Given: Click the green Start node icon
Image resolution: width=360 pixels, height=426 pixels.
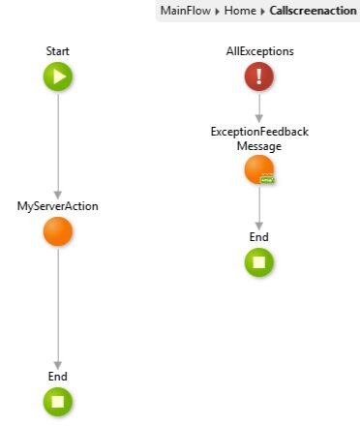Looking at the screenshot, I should coord(58,76).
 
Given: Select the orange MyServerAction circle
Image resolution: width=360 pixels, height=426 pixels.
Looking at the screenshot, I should coord(58,232).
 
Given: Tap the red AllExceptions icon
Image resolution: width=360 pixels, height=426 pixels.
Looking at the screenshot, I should coord(259,77).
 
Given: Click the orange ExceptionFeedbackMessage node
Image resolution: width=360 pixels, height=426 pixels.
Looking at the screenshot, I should coord(258,170).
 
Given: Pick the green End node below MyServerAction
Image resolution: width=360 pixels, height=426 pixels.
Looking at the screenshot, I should coord(58,401).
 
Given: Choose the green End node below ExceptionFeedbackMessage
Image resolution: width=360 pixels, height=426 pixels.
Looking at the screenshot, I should coord(259,261).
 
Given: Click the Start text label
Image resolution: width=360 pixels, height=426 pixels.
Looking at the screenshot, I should coord(58,50).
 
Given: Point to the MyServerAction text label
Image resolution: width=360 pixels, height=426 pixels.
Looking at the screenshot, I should coord(58,206).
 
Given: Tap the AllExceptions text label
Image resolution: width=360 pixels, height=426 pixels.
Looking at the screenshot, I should coord(259,50).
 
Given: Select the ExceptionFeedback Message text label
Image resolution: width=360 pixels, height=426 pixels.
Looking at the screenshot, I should coord(259,138).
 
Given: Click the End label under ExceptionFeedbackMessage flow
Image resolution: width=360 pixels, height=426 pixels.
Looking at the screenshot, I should coord(259,236).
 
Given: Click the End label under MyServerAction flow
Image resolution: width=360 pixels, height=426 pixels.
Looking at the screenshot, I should coord(58,376).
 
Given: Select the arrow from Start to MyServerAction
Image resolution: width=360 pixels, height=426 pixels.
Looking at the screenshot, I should coord(58,145).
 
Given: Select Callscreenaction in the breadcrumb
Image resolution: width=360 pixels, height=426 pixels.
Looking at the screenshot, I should coord(314,11).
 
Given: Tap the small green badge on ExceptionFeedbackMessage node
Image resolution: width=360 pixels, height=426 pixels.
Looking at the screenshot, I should coord(269,180).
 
